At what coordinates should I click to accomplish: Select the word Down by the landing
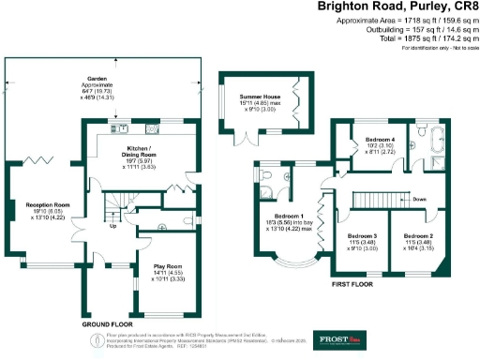tap(419, 200)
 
